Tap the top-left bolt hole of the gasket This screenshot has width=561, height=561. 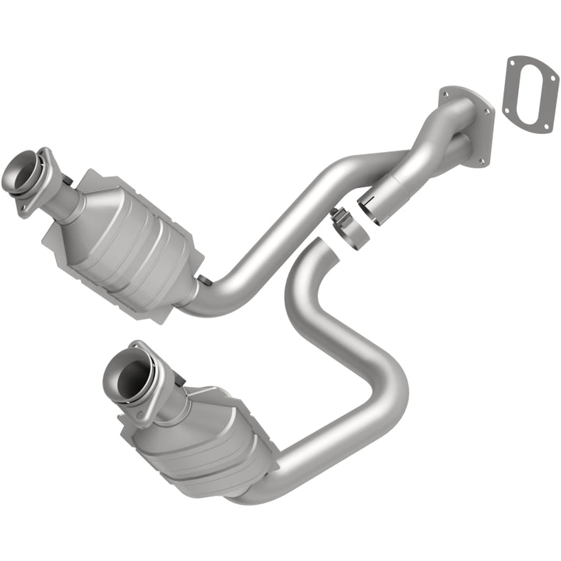click(512, 62)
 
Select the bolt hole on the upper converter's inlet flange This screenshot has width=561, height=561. click(24, 208)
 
